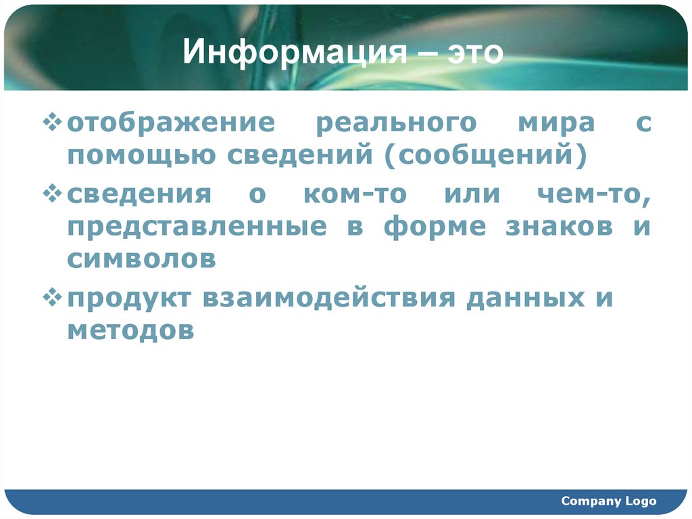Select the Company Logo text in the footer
pos(609,501)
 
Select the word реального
pos(396,125)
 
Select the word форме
pos(435,227)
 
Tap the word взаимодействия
pos(327,298)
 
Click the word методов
pos(130,331)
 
